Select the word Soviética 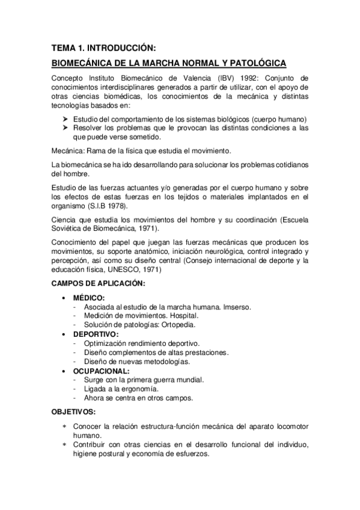[69, 230]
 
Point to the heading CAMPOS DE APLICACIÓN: [97, 283]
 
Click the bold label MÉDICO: [89, 298]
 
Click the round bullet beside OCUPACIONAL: [64, 371]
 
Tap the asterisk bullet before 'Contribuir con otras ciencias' [64, 444]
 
